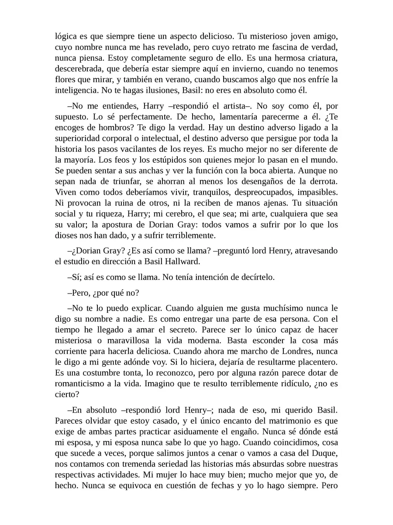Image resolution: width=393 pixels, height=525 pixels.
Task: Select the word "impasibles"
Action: pyautogui.click(x=316, y=201)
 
